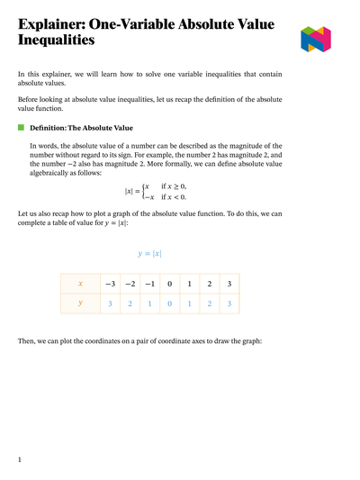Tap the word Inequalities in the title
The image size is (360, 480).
tap(57, 41)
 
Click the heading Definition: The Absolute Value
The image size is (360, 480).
tap(81, 128)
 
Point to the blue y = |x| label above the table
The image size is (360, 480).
tap(149, 254)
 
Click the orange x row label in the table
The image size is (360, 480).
tap(80, 284)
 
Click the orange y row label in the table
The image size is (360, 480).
tap(80, 303)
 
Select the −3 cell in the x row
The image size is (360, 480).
tap(109, 284)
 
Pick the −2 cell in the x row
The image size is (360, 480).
tap(130, 284)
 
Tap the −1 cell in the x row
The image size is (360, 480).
tap(149, 284)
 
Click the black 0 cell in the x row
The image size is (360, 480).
tap(169, 284)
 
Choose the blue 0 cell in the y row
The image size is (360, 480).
tap(169, 303)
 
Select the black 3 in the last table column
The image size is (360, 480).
tap(229, 284)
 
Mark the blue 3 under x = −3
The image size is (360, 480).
tap(109, 303)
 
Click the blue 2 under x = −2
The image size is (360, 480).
tap(130, 303)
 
